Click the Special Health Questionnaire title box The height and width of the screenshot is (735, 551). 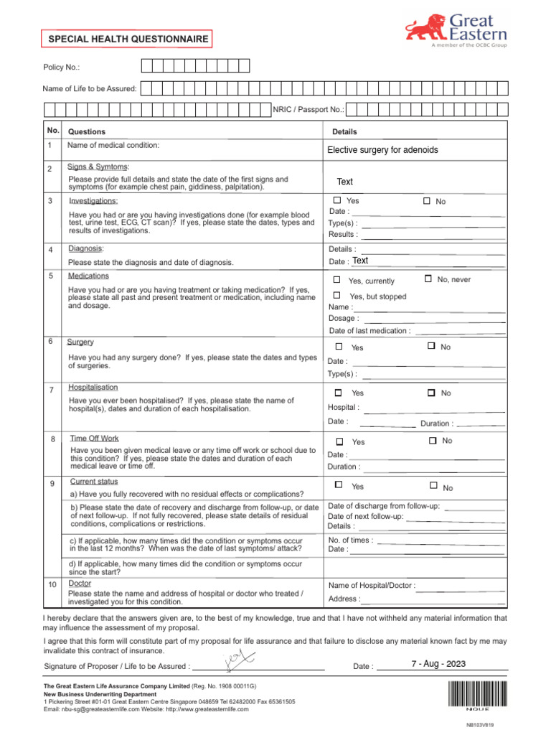pos(128,39)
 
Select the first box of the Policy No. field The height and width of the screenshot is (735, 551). pos(147,66)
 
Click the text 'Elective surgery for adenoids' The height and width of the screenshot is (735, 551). pos(382,150)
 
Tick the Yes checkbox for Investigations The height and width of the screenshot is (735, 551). pos(337,200)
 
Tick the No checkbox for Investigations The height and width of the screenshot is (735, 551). pos(427,201)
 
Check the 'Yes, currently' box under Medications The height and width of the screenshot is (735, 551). pos(337,279)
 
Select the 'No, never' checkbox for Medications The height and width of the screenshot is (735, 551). pos(428,278)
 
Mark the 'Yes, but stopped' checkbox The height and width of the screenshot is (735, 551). pos(337,296)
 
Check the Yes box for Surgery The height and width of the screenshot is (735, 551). pos(339,347)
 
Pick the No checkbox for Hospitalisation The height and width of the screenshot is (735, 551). pos(431,393)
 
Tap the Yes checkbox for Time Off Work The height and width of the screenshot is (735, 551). pos(340,441)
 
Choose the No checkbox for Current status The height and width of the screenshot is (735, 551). pos(433,486)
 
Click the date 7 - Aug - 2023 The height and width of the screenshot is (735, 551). pos(438,664)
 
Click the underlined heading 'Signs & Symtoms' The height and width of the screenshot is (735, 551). pos(98,167)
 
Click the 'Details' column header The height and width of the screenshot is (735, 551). pos(344,132)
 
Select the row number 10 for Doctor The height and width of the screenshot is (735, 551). pos(52,586)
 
